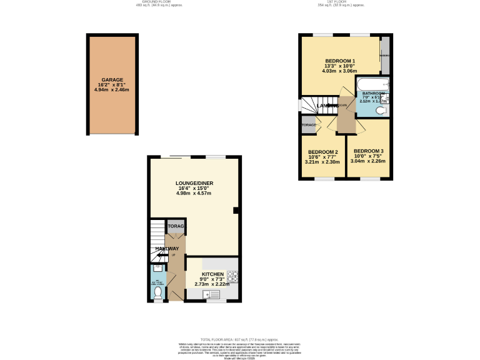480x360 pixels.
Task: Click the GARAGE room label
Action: [112, 80]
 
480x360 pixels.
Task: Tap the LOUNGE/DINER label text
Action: [194, 183]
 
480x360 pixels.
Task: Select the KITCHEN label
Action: [212, 274]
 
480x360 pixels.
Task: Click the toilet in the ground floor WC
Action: [158, 292]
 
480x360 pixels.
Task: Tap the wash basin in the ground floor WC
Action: [157, 269]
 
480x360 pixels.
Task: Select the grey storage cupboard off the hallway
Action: [176, 226]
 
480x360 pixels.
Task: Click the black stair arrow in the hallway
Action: [162, 255]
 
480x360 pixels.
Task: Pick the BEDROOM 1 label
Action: [339, 61]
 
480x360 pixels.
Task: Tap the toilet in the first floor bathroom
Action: [382, 111]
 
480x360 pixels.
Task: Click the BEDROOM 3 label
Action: [368, 151]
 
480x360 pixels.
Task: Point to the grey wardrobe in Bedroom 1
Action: [385, 56]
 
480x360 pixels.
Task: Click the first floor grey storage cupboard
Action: [309, 125]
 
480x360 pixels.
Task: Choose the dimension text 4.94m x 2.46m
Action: [112, 90]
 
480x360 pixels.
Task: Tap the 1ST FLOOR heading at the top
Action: [340, 2]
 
